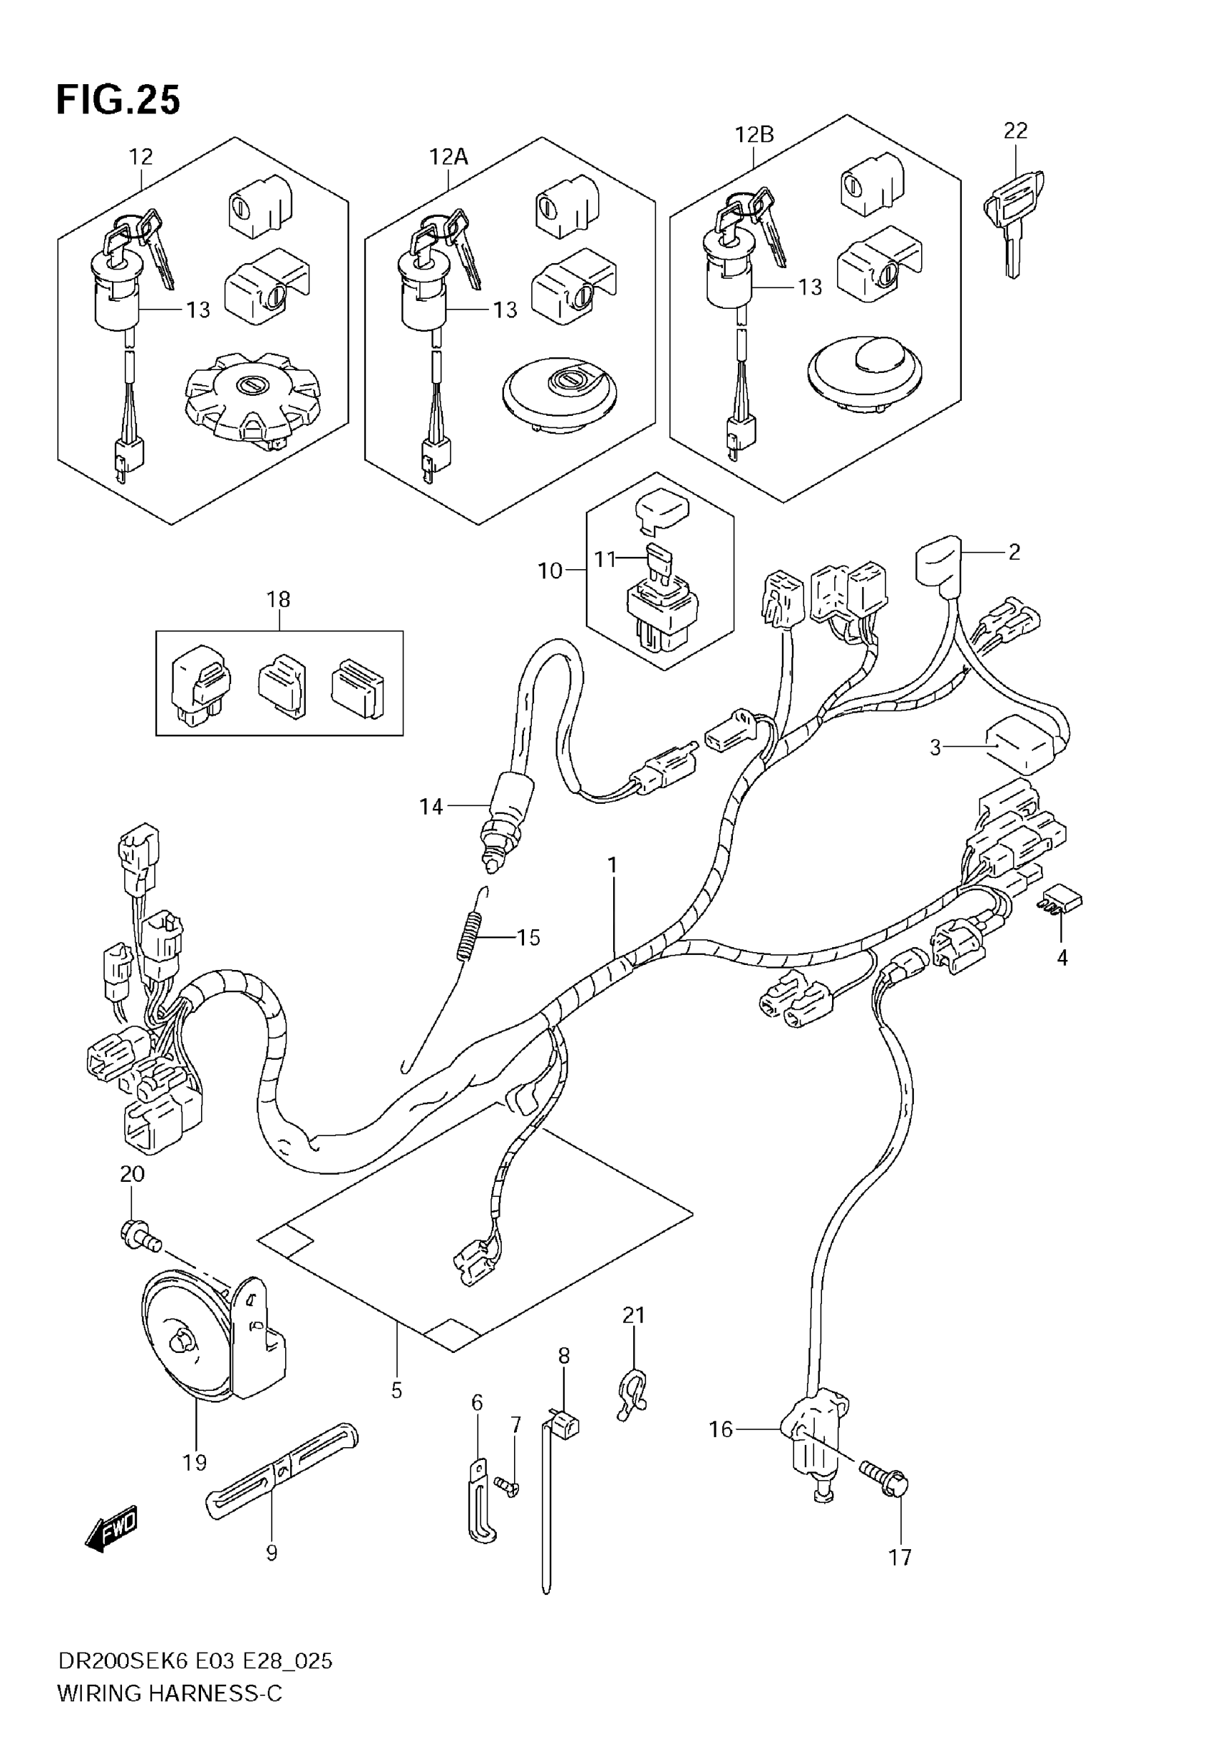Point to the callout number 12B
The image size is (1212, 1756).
pos(754,134)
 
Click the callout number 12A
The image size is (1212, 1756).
pos(448,156)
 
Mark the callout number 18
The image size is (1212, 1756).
pos(278,599)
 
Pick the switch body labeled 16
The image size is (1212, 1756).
pos(813,1428)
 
